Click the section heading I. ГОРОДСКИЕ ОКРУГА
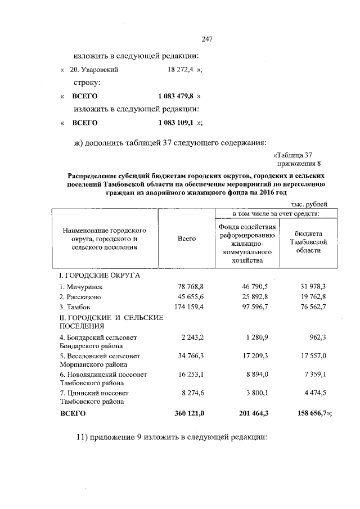click(x=100, y=276)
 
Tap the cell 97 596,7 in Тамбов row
click(x=254, y=307)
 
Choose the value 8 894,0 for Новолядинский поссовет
click(x=258, y=375)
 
